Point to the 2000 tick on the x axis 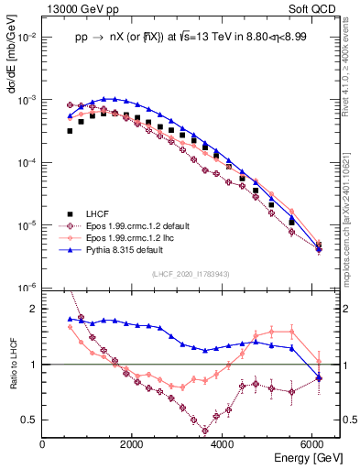[133, 444]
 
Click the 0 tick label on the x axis [43, 444]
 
